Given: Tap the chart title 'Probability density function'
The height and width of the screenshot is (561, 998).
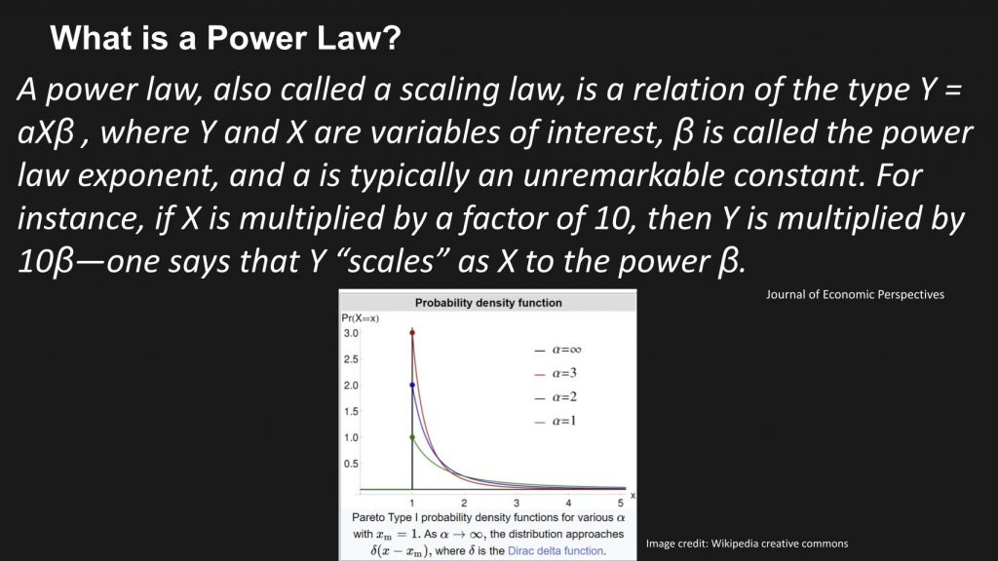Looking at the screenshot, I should click(488, 303).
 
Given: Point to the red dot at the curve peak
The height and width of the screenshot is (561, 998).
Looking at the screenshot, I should click(412, 333).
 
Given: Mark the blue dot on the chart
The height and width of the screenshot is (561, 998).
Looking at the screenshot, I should click(412, 385).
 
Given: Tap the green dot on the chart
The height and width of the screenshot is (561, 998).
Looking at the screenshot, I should click(412, 437).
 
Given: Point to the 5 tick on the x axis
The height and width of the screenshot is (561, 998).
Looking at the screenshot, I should click(620, 501).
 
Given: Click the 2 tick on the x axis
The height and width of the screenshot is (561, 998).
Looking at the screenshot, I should click(464, 501).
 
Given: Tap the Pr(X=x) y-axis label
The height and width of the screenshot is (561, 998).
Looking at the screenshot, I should click(359, 318).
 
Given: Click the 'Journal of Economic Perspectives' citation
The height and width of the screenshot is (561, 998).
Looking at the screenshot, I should click(856, 294).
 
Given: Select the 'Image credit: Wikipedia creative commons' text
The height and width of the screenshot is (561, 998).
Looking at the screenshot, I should click(747, 542).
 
